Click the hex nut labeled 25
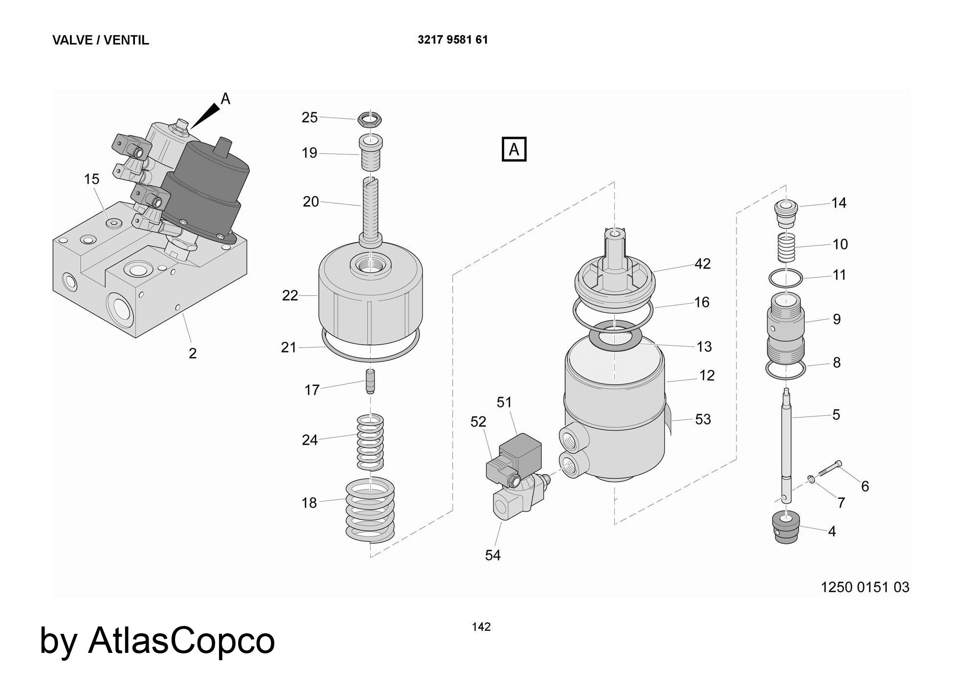370,118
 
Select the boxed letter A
514,149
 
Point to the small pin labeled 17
371,381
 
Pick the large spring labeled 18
370,511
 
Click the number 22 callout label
290,296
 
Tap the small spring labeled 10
786,247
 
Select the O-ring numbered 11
786,279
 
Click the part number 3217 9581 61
452,40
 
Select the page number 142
481,626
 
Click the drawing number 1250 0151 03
865,587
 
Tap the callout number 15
91,179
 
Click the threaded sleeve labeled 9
785,328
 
